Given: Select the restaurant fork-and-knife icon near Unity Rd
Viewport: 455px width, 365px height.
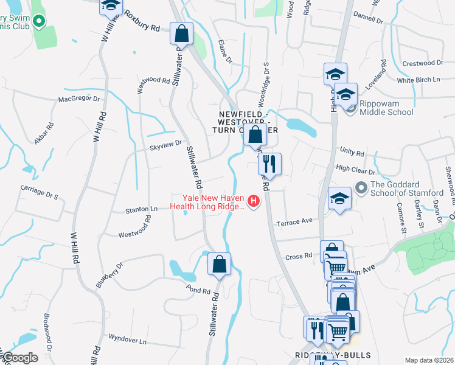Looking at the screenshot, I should click(269, 164).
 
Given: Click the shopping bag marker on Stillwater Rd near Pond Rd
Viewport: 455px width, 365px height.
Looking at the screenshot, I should click(219, 264).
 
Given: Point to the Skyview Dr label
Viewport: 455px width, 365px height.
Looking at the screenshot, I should click(166, 143).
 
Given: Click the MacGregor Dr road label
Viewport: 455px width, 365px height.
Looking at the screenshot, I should click(78, 99).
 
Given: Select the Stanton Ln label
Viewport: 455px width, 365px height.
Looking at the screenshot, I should click(141, 210).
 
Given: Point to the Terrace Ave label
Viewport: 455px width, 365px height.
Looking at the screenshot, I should click(294, 223).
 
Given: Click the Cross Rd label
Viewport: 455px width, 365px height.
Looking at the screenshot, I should click(299, 256).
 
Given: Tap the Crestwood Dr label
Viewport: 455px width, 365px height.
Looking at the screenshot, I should click(422, 63).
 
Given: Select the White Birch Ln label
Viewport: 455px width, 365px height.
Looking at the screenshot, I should click(418, 80).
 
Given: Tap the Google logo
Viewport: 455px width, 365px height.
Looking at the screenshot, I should click(19, 358).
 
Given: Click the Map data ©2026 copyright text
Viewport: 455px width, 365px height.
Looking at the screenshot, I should click(428, 360).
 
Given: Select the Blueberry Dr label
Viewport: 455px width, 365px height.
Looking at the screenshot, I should click(109, 276).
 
